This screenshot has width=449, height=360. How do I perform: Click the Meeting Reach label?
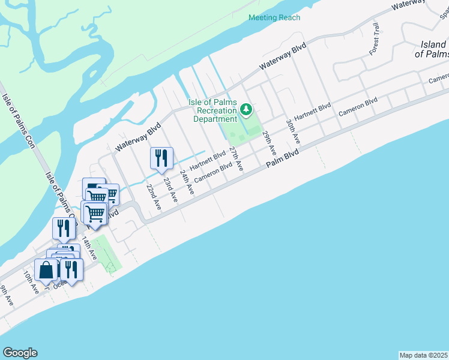click(274, 17)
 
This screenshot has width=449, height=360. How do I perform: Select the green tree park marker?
click(246, 110)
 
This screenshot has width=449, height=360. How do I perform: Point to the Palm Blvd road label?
click(282, 159)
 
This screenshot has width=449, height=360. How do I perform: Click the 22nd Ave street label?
click(154, 196)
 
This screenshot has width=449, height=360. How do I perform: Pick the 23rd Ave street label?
click(170, 190)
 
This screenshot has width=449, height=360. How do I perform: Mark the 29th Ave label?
click(269, 143)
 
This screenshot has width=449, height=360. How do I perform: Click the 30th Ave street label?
click(292, 131)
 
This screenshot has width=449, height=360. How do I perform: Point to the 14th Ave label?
click(89, 247)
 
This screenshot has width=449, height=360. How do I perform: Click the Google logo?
click(20, 353)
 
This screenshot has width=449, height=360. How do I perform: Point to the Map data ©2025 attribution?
click(424, 355)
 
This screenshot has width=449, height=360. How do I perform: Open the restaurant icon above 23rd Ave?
click(161, 158)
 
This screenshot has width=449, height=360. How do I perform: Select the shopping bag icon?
click(46, 270)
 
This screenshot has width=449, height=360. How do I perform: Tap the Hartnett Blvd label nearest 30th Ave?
click(313, 114)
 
